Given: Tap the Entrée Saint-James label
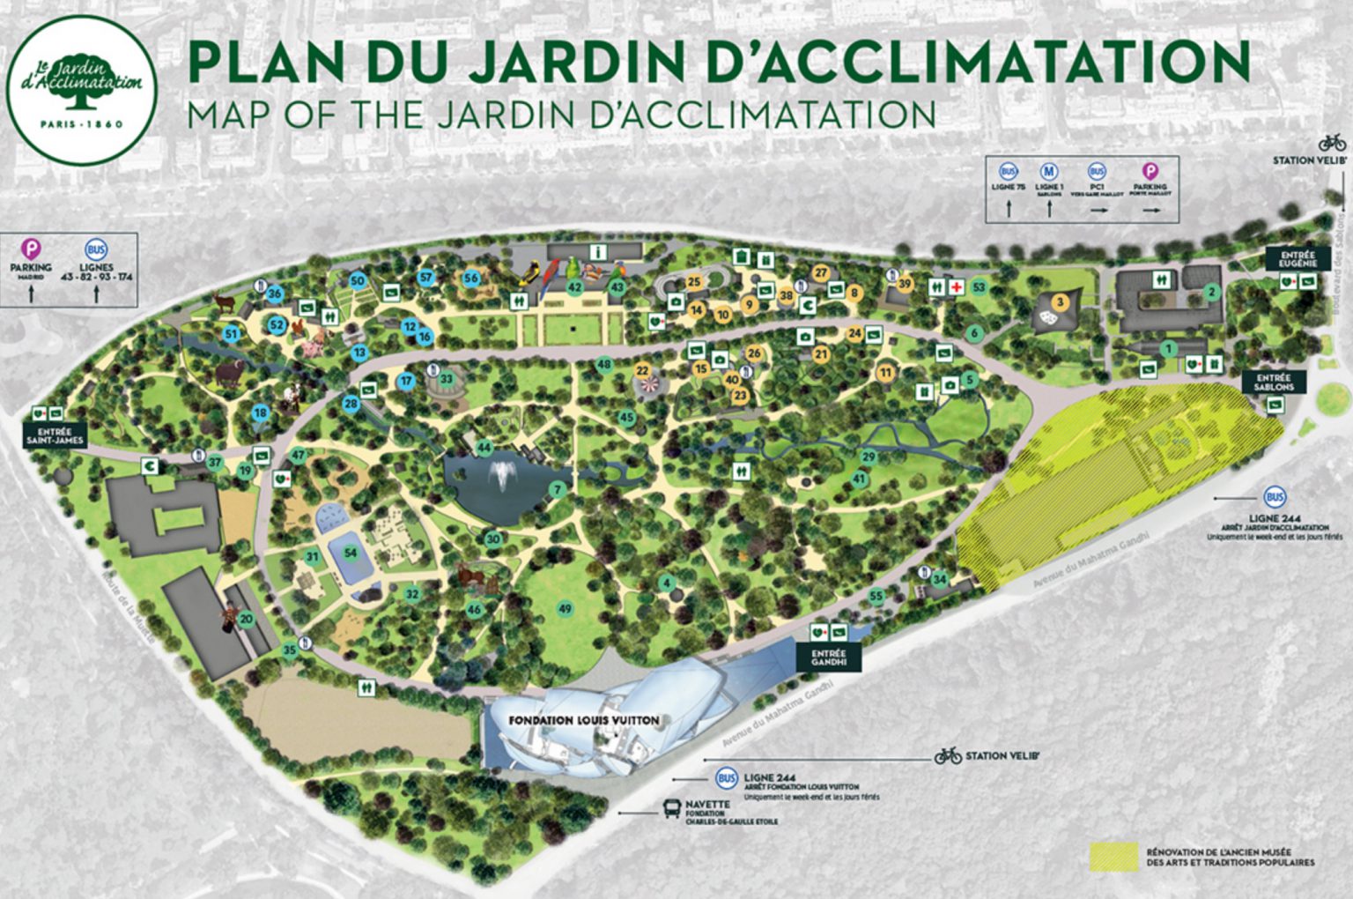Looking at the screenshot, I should click(55, 434).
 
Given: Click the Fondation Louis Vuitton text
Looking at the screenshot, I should click(584, 720).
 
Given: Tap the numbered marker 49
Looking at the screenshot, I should click(565, 608).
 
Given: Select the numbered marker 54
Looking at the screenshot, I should click(351, 553).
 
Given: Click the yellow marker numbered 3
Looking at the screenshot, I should click(1061, 302).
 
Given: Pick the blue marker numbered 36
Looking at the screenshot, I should click(275, 293).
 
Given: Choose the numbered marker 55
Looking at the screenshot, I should click(876, 597).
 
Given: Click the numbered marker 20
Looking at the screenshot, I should click(246, 619).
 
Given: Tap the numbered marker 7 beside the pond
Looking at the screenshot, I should click(557, 489).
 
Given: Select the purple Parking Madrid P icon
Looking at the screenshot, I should click(31, 249).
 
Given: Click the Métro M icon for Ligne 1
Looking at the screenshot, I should click(1049, 171).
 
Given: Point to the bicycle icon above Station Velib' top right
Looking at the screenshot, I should click(1332, 143).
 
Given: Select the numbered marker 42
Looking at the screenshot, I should click(574, 286).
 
